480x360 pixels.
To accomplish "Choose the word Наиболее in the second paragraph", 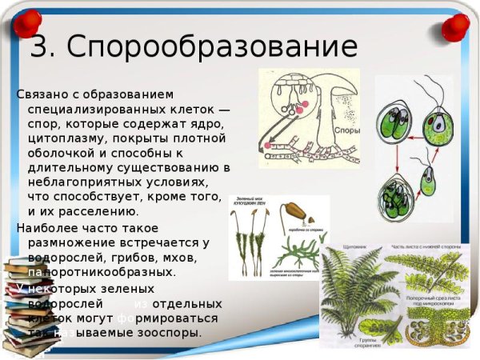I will click(47, 228).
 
